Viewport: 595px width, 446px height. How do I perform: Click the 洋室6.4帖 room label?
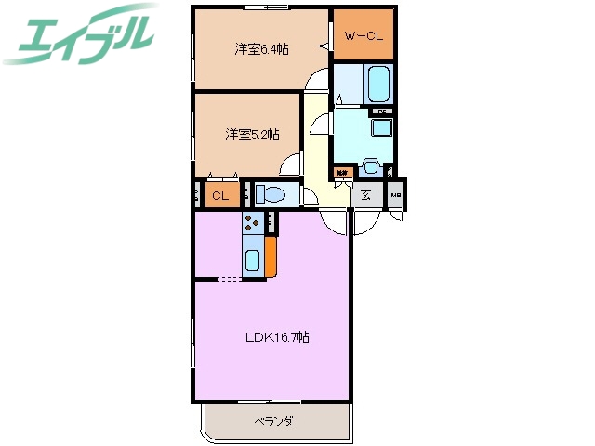(x=260, y=48)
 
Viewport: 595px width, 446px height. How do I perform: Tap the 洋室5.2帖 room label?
(x=251, y=134)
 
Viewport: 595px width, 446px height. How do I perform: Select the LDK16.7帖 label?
(x=278, y=337)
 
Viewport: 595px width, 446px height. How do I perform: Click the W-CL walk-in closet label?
(x=363, y=35)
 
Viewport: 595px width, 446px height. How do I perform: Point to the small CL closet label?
(x=220, y=195)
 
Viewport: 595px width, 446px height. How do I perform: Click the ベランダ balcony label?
(x=274, y=422)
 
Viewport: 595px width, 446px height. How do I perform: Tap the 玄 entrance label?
(x=366, y=195)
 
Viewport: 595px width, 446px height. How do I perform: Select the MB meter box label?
(x=396, y=195)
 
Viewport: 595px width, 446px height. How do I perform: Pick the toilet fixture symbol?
(x=271, y=195)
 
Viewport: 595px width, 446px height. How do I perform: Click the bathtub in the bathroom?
(x=377, y=85)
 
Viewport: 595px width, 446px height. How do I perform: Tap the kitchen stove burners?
(x=252, y=222)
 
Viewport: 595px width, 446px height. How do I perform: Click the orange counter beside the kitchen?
(x=271, y=257)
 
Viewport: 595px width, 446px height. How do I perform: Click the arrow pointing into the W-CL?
(x=325, y=43)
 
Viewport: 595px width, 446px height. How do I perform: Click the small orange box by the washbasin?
(x=343, y=172)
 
